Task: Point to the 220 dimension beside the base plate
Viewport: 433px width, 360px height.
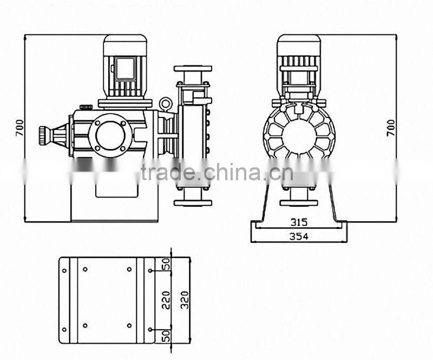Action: pos(166,300)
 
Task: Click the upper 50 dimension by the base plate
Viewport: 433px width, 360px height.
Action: pos(166,264)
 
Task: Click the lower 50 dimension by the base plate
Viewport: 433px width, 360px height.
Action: pos(166,335)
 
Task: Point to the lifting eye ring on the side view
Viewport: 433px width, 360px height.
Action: pos(166,102)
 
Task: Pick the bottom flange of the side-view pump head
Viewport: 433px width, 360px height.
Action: pos(193,202)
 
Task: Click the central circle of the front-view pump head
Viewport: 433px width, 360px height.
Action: pos(298,135)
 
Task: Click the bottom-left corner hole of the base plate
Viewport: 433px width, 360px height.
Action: pos(64,329)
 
